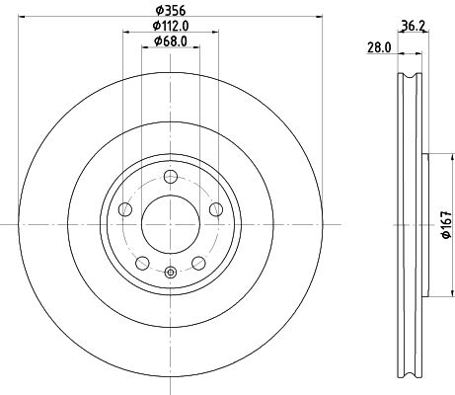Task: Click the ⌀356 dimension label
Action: coord(171,11)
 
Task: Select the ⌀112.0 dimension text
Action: coord(171,26)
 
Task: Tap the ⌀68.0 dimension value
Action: coord(171,41)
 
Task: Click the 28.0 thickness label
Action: coord(379,48)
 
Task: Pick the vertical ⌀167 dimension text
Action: coord(446,225)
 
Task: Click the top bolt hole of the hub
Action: coord(171,177)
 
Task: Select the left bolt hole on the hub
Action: coord(125,209)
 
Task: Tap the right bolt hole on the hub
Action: coord(216,209)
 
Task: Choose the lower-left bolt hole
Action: coord(142,263)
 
